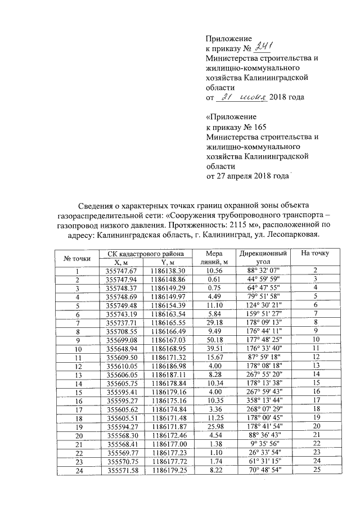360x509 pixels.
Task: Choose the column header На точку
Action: (315, 254)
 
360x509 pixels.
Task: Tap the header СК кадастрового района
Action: (145, 254)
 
